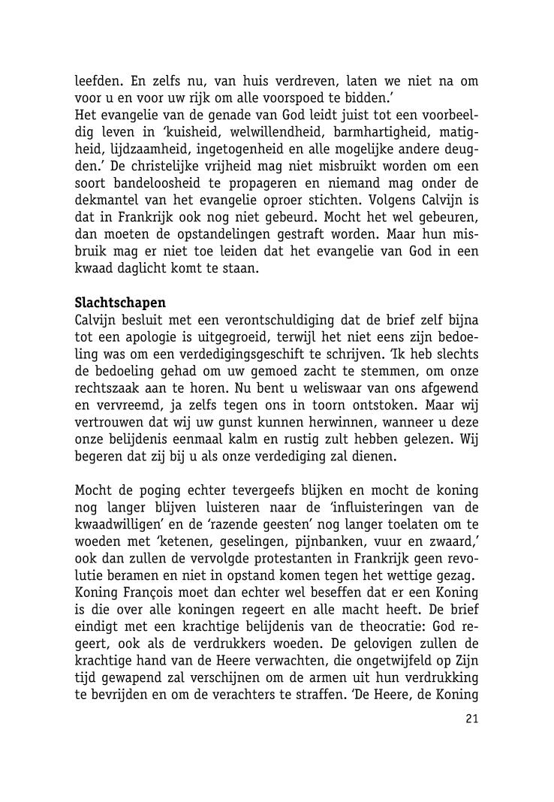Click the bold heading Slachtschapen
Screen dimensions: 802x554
click(120, 303)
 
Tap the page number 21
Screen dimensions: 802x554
click(471, 719)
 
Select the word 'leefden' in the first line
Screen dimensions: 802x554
click(97, 80)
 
